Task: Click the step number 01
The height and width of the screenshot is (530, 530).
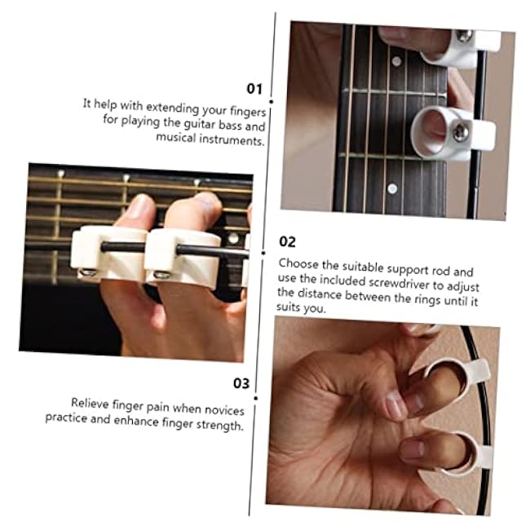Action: (x=256, y=87)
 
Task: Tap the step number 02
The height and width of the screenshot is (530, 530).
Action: (x=287, y=242)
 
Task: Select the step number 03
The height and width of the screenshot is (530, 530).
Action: (x=241, y=383)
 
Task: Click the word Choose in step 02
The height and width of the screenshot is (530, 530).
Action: (x=297, y=264)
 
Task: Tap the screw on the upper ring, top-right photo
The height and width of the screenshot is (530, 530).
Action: (x=464, y=36)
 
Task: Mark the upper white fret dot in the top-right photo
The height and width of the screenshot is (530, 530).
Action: (x=396, y=60)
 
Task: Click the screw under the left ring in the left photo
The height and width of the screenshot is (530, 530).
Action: (x=89, y=272)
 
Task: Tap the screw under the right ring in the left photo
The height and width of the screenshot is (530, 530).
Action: (x=161, y=274)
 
